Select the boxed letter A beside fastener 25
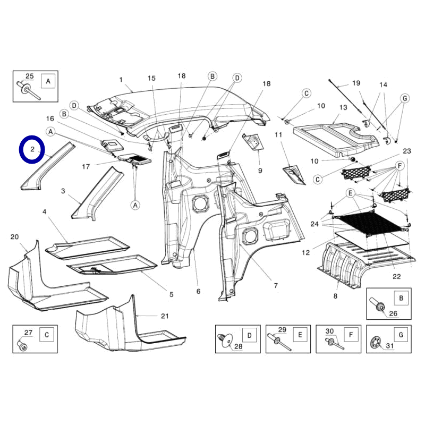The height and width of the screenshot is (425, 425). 48,81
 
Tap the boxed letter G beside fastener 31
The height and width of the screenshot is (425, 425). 401,335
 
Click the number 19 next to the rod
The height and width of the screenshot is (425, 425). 356,83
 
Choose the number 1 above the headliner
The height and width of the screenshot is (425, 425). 121,80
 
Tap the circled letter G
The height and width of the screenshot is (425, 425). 404,98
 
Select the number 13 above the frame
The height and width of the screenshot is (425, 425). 343,107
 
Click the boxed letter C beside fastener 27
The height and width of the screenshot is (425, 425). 47,335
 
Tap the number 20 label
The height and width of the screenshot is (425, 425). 14,236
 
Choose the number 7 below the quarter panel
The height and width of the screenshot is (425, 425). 276,286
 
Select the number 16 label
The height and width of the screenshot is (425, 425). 50,118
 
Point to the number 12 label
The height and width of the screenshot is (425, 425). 305,252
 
